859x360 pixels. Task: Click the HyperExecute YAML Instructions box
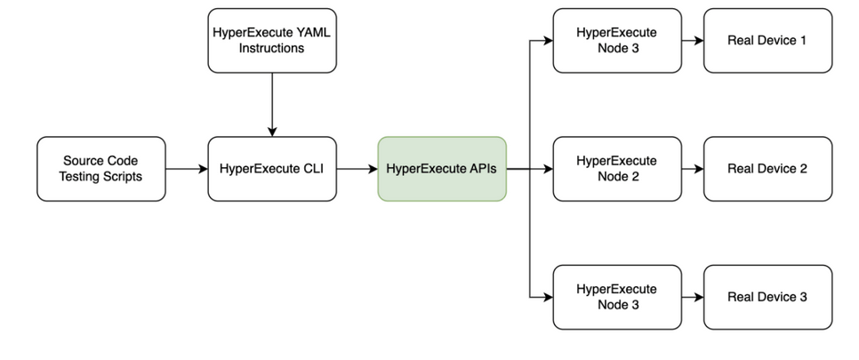(272, 40)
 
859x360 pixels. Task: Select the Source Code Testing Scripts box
(101, 169)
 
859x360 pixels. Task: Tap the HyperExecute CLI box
(272, 169)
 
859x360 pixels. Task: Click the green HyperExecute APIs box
(442, 169)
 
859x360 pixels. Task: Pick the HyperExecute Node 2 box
(616, 169)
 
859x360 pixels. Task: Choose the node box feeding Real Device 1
(616, 40)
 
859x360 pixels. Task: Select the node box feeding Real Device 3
(616, 297)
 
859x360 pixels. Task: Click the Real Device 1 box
(767, 40)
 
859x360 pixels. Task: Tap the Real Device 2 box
(767, 169)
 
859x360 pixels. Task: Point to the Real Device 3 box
(767, 297)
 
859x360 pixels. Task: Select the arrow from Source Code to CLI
(186, 169)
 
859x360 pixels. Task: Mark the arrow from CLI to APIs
(357, 169)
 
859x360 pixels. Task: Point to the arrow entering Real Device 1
(692, 40)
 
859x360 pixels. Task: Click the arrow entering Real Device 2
(692, 169)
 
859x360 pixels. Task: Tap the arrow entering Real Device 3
(692, 297)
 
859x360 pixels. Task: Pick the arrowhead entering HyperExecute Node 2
(547, 169)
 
